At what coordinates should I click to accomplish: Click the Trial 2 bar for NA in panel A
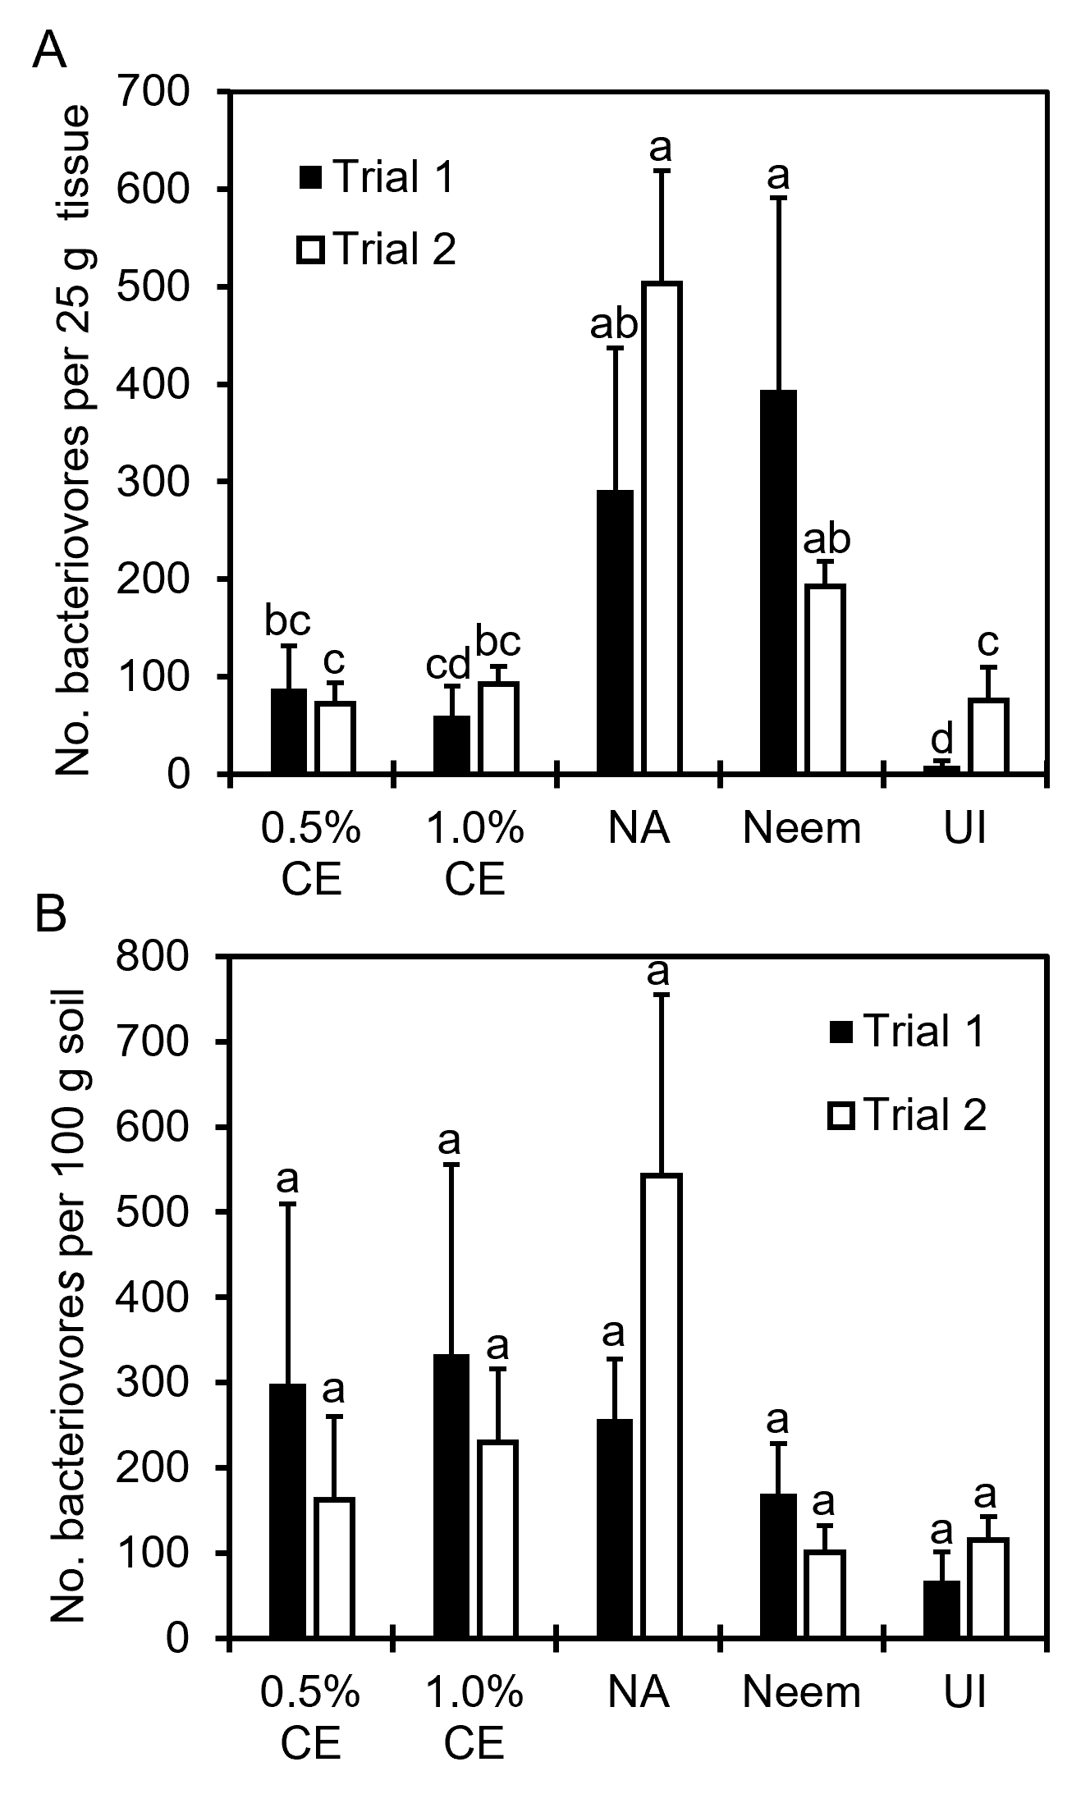tap(662, 529)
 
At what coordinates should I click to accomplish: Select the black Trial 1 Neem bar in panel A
tap(778, 582)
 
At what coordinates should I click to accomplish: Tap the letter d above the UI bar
tap(941, 739)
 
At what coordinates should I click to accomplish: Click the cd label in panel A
tap(448, 663)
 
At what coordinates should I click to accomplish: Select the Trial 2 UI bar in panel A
tap(987, 736)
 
